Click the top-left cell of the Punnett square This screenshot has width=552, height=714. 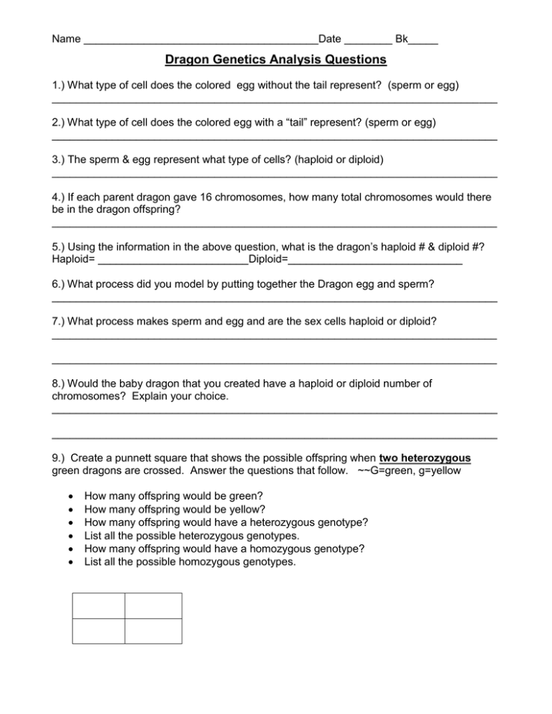[x=98, y=606]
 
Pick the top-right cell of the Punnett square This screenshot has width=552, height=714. [x=152, y=606]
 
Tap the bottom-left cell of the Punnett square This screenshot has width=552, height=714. [x=98, y=631]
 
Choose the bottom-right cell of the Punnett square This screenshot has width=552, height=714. [x=152, y=631]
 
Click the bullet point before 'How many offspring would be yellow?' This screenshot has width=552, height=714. [x=68, y=509]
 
